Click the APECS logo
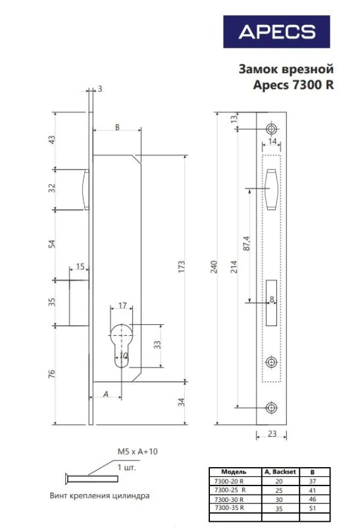[276, 32]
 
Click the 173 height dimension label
[182, 267]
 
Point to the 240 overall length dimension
[214, 267]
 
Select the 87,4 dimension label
[246, 244]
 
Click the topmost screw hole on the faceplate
[271, 128]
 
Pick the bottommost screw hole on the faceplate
[271, 407]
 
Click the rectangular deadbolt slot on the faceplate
[271, 303]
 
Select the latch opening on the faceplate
[272, 189]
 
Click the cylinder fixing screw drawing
[91, 478]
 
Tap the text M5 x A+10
[138, 451]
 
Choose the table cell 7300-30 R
[230, 499]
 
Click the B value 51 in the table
[313, 508]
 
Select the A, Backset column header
[280, 472]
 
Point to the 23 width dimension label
[272, 433]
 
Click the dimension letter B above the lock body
[117, 127]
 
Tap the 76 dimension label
[51, 374]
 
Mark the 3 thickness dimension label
[100, 89]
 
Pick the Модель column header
[234, 472]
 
